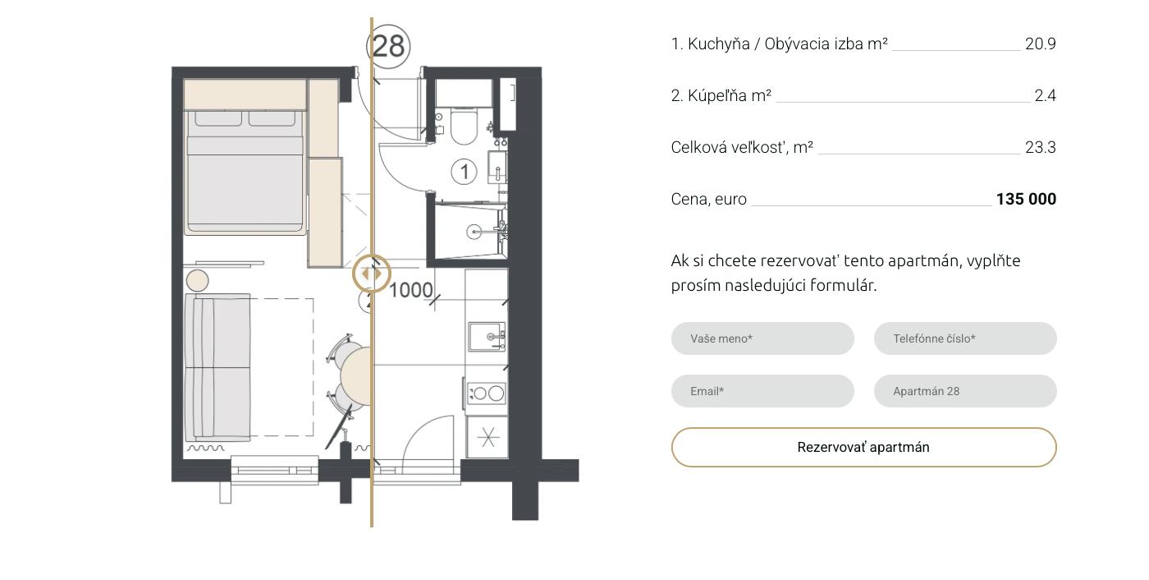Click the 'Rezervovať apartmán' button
pos(863,447)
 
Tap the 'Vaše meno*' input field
pos(762,338)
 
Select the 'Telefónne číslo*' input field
pos(965,338)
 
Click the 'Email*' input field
pos(762,391)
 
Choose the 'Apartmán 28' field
pos(965,391)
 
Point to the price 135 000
pos(1026,199)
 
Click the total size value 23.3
pos(1041,147)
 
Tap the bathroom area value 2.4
pos(1045,95)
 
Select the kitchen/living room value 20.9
pos(1041,44)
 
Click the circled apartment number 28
pos(388,46)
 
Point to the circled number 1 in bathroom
pos(464,172)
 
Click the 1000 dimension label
pos(411,291)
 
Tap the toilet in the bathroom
pos(464,125)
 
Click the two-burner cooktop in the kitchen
pos(486,394)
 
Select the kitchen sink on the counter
pos(487,337)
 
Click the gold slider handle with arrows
pos(371,274)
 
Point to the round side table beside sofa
pos(197,281)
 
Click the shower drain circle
pos(474,232)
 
